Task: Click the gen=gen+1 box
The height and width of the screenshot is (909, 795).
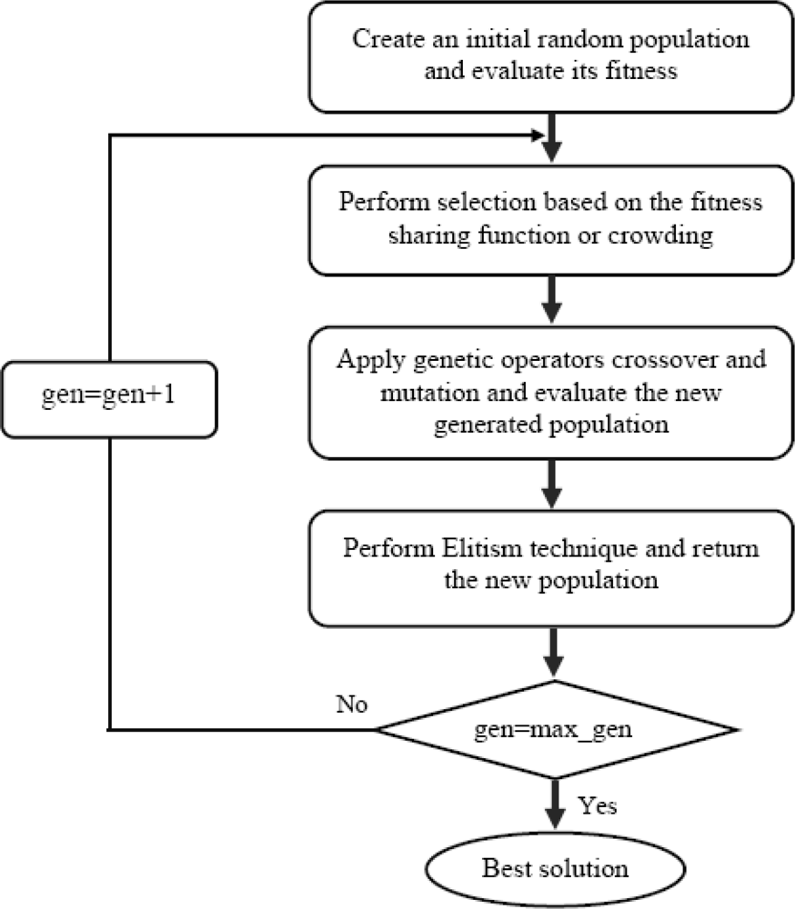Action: click(x=110, y=399)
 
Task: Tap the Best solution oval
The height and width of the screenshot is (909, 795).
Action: click(x=556, y=869)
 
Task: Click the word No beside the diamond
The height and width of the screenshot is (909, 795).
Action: click(x=352, y=704)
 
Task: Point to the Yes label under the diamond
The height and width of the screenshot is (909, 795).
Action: click(x=597, y=805)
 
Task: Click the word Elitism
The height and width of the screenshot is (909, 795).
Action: click(x=481, y=548)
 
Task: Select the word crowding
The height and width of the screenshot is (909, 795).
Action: click(x=660, y=235)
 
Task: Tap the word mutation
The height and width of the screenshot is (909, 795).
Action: click(x=430, y=393)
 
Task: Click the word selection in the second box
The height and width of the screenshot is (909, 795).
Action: click(x=487, y=202)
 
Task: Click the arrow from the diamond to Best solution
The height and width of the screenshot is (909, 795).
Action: click(x=556, y=804)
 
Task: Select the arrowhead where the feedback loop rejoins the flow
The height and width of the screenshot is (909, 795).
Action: click(x=538, y=135)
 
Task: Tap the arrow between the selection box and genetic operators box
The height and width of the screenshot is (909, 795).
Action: click(x=551, y=299)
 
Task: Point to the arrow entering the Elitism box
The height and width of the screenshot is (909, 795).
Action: click(x=551, y=484)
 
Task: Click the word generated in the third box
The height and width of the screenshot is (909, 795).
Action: click(x=488, y=425)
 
